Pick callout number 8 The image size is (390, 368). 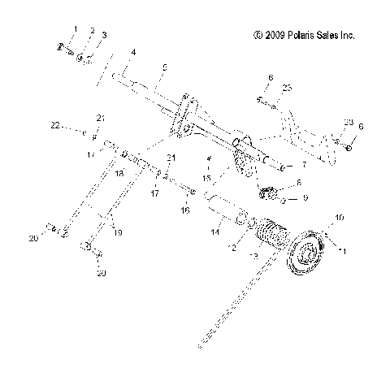(298, 183)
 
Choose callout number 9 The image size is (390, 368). (305, 197)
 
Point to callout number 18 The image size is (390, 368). (119, 174)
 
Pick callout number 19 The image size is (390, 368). (119, 232)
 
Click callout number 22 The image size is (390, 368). (55, 126)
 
